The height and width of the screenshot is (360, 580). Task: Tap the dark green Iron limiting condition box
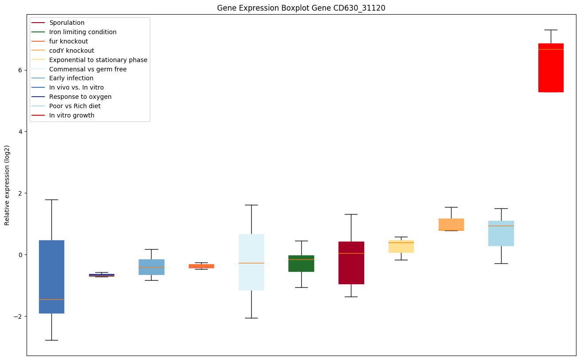click(x=301, y=263)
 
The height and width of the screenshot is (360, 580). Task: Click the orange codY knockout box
click(x=451, y=224)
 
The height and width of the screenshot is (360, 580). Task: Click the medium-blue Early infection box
click(x=152, y=267)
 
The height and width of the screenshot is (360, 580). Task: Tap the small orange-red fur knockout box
click(x=201, y=266)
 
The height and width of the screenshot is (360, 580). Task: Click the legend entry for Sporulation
click(x=67, y=23)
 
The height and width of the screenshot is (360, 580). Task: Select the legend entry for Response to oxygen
click(x=80, y=97)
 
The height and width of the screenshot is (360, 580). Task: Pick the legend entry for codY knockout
click(x=71, y=51)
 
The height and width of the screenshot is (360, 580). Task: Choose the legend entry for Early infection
click(x=71, y=78)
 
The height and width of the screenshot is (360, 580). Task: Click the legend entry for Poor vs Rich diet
click(x=75, y=106)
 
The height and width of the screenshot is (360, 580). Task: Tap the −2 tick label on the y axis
click(x=18, y=317)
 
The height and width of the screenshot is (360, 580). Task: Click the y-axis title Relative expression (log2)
click(x=7, y=185)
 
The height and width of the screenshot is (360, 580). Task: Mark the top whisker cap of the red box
click(x=551, y=30)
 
